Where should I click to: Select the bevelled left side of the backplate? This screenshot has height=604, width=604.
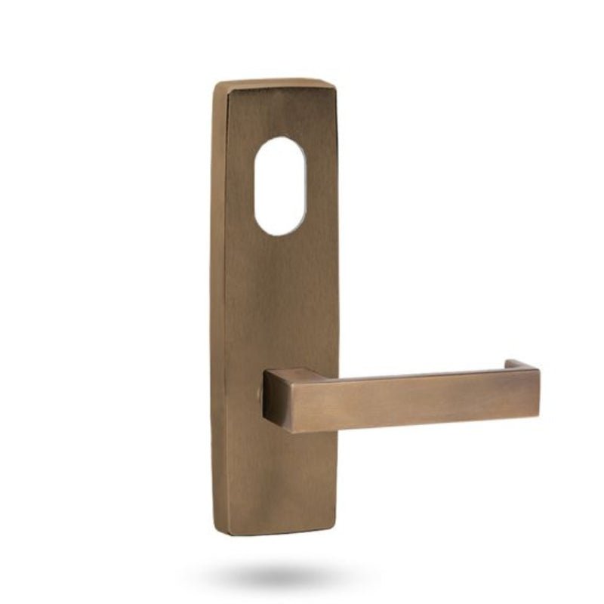[x=218, y=302]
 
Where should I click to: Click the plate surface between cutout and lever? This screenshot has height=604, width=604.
[x=281, y=302]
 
